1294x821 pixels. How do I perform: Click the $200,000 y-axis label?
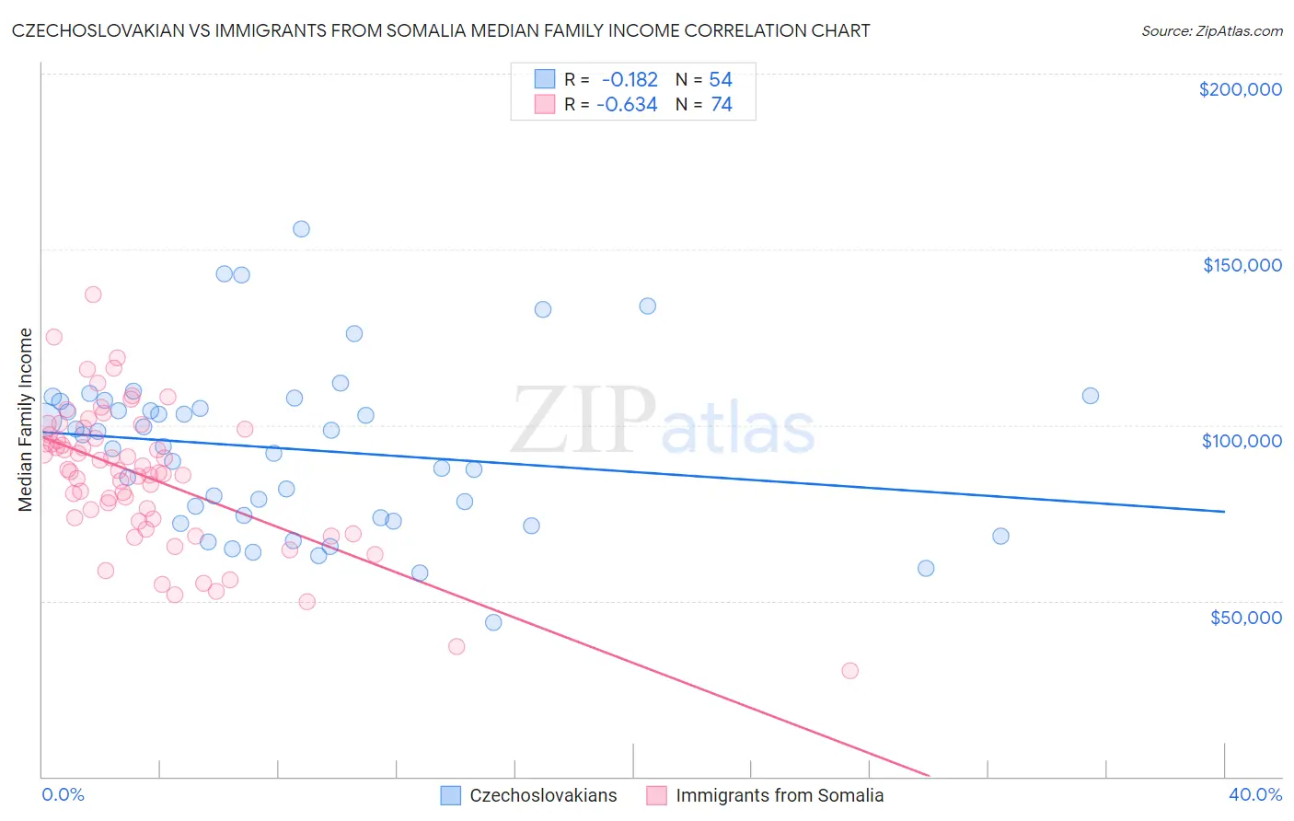click(x=1240, y=89)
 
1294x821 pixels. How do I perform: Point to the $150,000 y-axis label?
click(x=1242, y=265)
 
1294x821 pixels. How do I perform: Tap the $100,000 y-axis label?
click(x=1242, y=441)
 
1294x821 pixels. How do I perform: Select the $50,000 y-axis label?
click(x=1245, y=617)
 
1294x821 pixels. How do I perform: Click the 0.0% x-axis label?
click(x=63, y=794)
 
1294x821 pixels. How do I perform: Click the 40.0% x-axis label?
click(x=1255, y=794)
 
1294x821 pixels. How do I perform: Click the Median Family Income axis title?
click(x=26, y=420)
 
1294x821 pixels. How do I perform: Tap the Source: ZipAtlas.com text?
click(x=1211, y=31)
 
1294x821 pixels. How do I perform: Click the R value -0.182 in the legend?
click(x=630, y=80)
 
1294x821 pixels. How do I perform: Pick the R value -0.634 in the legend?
click(x=627, y=105)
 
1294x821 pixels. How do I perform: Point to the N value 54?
click(x=721, y=80)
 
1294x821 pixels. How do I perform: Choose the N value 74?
click(x=722, y=105)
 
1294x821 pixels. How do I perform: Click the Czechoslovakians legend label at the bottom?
click(x=543, y=795)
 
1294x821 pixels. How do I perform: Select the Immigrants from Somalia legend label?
click(x=780, y=795)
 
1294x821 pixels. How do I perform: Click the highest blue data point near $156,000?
click(x=301, y=229)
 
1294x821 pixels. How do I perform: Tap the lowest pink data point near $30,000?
click(x=849, y=671)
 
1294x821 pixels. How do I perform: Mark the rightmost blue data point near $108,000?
click(x=1091, y=396)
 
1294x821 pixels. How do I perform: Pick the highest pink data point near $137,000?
click(x=93, y=295)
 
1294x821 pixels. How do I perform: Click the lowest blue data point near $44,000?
click(x=493, y=622)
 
